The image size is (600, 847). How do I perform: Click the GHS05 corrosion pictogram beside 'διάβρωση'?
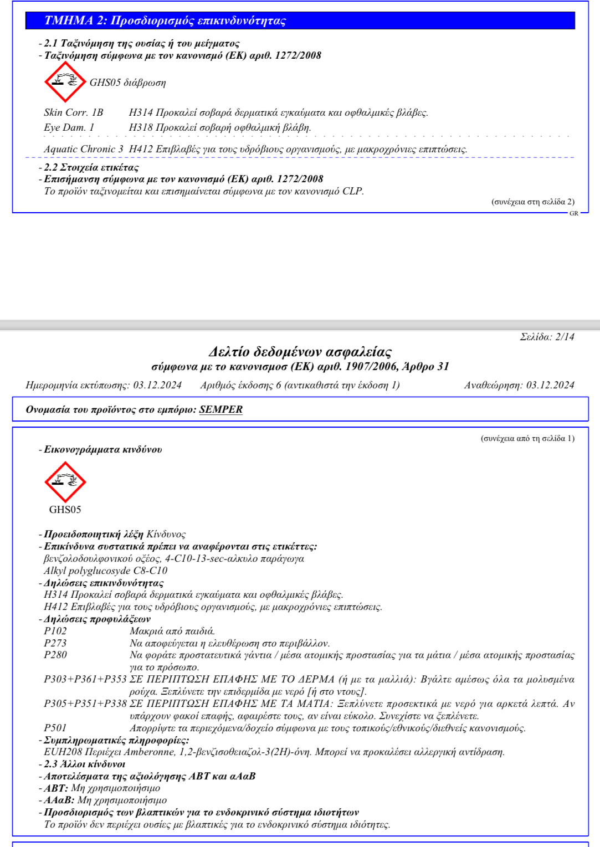65,82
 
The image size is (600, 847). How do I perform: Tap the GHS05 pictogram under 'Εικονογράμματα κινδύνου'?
65,482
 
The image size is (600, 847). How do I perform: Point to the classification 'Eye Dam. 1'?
69,127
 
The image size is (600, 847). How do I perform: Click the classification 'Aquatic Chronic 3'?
84,149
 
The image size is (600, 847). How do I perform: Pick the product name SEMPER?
220,409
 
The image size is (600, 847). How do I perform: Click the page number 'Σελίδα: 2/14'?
547,337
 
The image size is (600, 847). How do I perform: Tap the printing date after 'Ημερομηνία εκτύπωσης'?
157,385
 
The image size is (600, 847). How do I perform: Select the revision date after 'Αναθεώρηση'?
550,385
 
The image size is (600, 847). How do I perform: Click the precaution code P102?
55,631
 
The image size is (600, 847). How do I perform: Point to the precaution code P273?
55,643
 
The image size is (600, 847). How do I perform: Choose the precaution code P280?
55,655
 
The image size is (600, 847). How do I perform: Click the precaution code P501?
55,728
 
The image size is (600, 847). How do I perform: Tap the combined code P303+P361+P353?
85,679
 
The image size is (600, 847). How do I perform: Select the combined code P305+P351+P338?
85,704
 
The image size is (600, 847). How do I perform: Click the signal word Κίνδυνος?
166,534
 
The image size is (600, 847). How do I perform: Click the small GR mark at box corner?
574,213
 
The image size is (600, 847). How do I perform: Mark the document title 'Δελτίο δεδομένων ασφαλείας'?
300,352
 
